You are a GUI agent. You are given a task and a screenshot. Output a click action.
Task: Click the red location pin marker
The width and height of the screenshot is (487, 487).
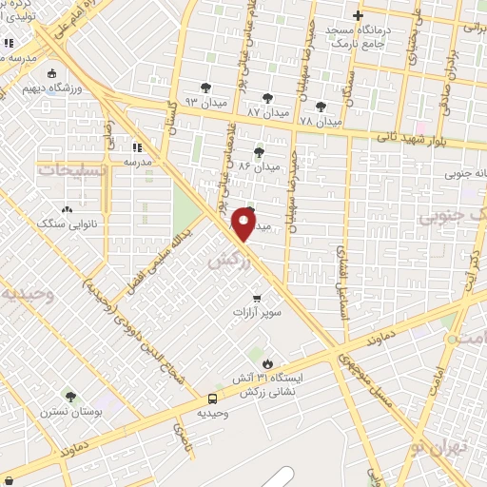tap(244, 224)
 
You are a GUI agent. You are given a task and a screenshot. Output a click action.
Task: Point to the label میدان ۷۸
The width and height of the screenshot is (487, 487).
tap(320, 122)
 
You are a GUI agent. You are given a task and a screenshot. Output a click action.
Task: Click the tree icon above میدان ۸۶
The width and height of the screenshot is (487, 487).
tap(259, 150)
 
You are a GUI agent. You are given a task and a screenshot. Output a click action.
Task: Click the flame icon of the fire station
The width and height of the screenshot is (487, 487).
tap(267, 363)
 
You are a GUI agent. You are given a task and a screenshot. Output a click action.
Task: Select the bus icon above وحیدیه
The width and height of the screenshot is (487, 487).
tap(212, 399)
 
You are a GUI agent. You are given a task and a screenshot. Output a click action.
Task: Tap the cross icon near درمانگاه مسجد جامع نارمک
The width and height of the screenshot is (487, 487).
tap(358, 15)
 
